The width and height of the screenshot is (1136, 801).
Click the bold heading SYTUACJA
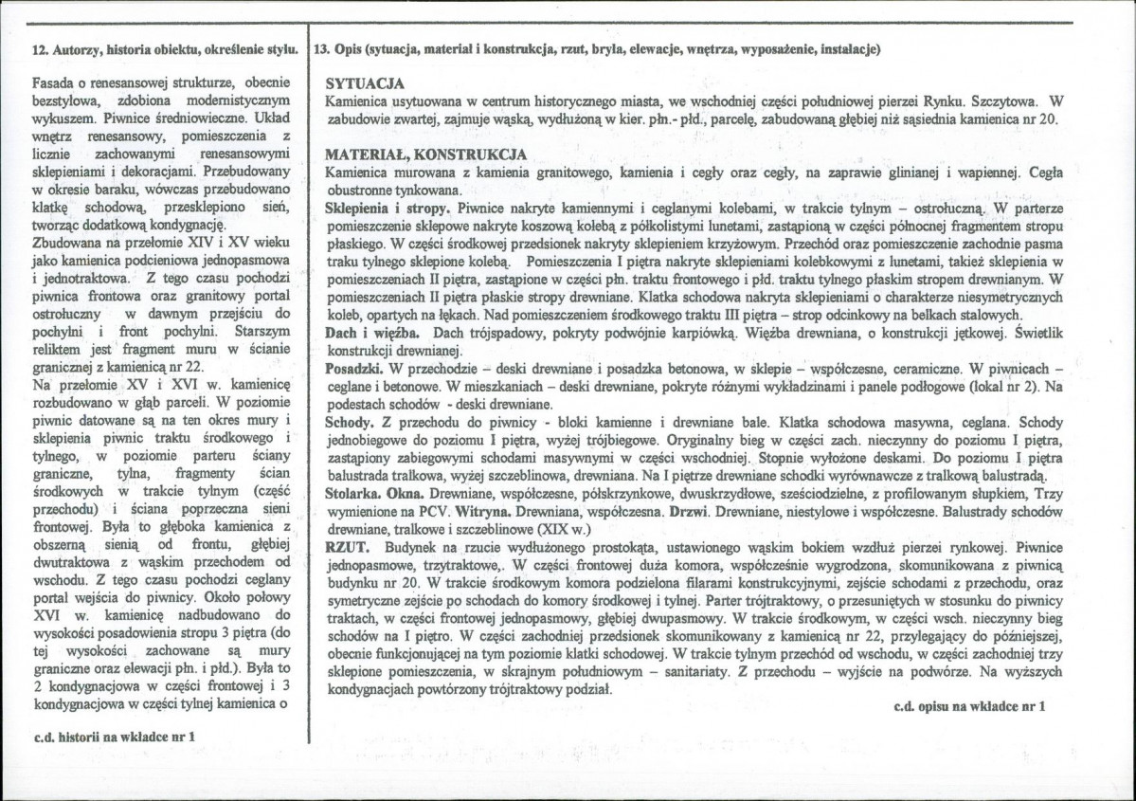tap(365, 83)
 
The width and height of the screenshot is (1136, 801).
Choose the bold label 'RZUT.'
tap(346, 548)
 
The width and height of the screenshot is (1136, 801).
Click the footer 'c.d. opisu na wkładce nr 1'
tap(968, 706)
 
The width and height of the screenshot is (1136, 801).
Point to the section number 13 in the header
tap(322, 48)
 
